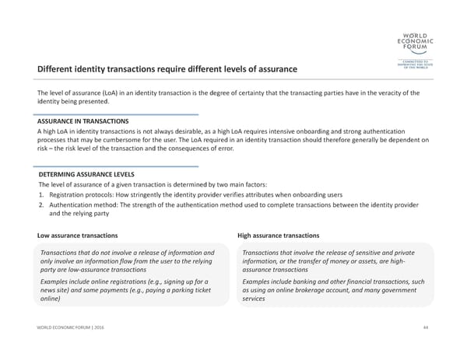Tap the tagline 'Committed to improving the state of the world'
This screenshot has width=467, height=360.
click(415, 64)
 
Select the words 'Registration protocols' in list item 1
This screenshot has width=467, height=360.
click(83, 194)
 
